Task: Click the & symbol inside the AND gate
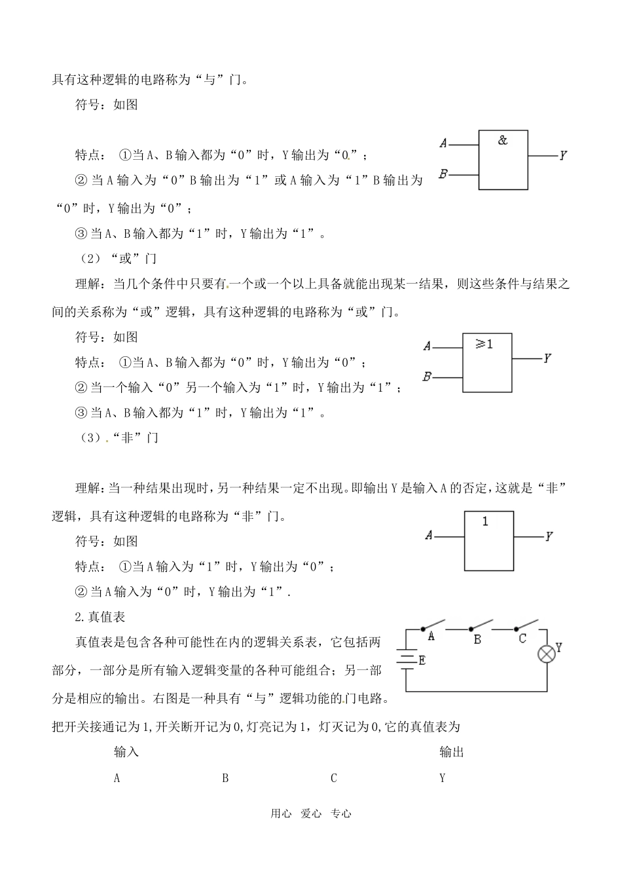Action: (503, 140)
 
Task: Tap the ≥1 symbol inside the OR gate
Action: (485, 344)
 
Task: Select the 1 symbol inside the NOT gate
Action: (485, 522)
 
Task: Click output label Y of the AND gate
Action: (562, 156)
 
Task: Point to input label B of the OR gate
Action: (427, 377)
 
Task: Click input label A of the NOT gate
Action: (429, 536)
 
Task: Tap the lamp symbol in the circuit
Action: (546, 654)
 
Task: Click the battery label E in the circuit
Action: (422, 661)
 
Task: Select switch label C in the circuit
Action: (522, 638)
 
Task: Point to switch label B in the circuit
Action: (477, 639)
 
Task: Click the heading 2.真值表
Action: (100, 617)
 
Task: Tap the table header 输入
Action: (126, 752)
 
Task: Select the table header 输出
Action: (452, 752)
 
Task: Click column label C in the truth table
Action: (334, 778)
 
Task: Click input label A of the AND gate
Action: (443, 143)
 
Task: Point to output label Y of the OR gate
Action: (547, 358)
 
